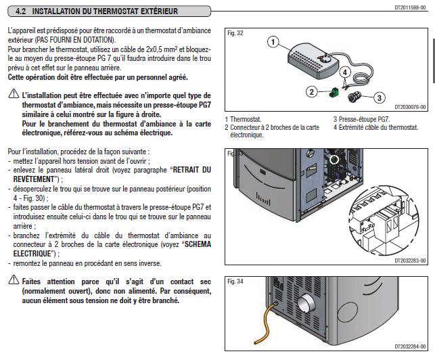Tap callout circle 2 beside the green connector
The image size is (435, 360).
(312, 91)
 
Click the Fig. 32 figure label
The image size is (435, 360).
(235, 32)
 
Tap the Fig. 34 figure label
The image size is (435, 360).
(235, 280)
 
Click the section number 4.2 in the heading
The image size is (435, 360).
(21, 12)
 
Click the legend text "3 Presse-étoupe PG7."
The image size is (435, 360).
(361, 119)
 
